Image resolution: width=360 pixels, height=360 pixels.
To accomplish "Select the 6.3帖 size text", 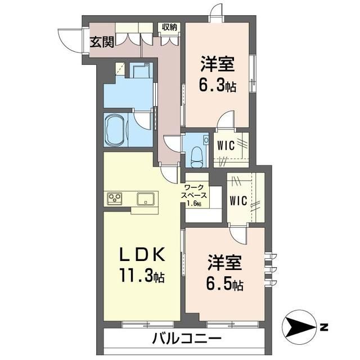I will (217, 85).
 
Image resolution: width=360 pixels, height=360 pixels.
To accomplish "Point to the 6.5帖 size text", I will (224, 284).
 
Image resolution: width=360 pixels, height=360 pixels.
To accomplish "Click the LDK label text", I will (142, 256).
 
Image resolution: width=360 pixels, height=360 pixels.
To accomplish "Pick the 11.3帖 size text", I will (142, 276).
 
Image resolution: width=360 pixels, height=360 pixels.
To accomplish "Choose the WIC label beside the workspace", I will (237, 200).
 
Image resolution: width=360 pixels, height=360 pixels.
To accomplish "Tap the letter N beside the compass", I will (323, 326).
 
